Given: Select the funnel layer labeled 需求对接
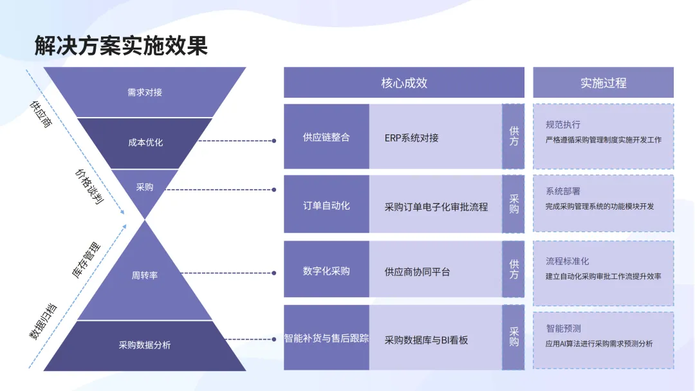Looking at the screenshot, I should tap(145, 92).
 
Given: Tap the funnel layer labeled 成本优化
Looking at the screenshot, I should tap(145, 142).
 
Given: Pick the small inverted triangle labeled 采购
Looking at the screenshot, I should tap(145, 187).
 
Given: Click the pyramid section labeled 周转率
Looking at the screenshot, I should tap(145, 275).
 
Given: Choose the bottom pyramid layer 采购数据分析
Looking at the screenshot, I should tap(145, 345).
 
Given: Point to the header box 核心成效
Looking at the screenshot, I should tap(403, 83).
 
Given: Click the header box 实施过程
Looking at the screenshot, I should tap(603, 83).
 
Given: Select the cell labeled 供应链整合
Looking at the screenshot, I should tap(326, 137).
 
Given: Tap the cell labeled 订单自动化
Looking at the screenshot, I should tap(326, 205).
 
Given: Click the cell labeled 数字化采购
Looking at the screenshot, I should tap(326, 271).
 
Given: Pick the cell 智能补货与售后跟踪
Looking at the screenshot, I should tap(326, 338).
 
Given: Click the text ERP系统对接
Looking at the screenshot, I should tap(412, 138).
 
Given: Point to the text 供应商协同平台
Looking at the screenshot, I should tap(417, 272).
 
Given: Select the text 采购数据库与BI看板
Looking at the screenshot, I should tap(426, 340).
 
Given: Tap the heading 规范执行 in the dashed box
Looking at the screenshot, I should tap(563, 124).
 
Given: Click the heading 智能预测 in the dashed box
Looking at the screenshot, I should tap(563, 328).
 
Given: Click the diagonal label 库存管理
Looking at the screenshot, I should tap(86, 260).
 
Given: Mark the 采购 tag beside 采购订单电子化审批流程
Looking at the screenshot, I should tap(514, 204).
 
